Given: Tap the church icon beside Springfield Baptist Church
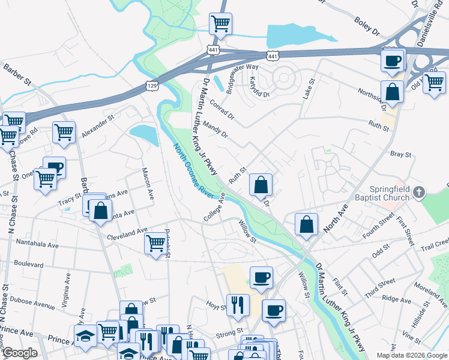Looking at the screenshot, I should point(419,193).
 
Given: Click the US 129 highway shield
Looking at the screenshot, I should point(152,87).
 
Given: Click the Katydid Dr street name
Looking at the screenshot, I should point(259,87).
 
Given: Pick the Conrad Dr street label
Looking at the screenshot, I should point(222,110).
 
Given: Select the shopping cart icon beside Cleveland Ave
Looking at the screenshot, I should point(155,243).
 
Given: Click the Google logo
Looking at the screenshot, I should point(20,353).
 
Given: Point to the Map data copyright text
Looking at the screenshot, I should point(412,355).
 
